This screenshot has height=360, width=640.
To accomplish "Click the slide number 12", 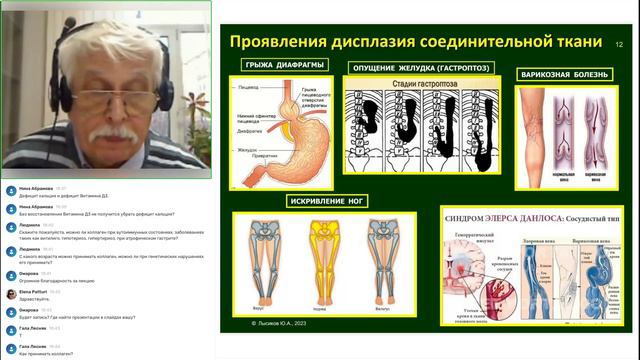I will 619,45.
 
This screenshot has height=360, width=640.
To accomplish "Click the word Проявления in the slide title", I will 282,43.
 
